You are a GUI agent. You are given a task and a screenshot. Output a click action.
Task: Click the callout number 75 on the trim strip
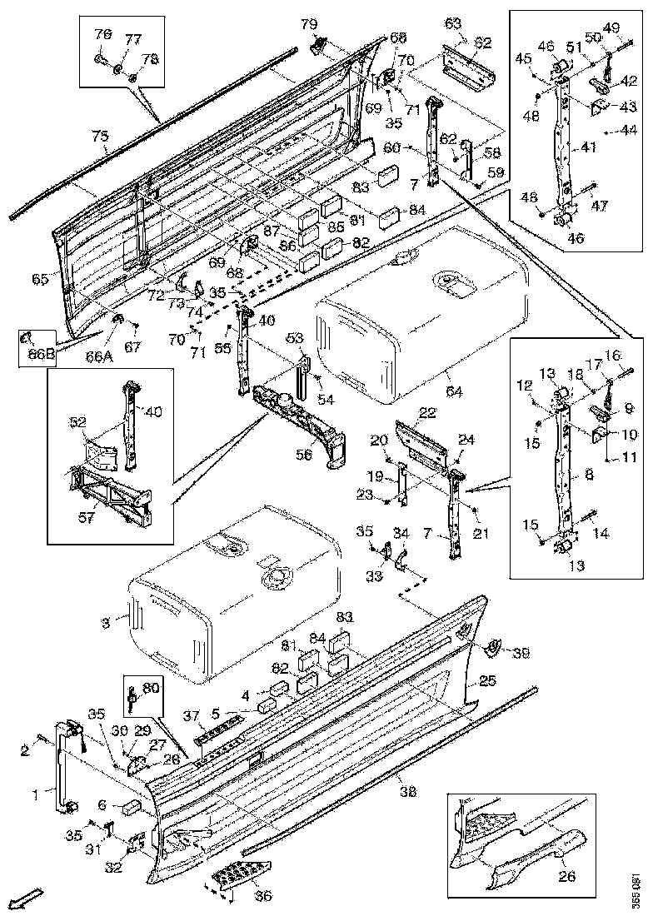99,137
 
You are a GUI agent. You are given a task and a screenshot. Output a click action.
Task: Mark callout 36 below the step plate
263,895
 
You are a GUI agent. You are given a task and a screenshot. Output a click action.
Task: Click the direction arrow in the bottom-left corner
28,898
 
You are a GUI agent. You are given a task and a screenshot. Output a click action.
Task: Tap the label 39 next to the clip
521,654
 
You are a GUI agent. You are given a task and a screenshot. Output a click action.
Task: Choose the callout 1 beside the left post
35,794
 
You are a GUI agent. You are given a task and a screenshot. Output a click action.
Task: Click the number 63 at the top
452,23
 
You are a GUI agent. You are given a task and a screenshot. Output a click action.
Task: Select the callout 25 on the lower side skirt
488,680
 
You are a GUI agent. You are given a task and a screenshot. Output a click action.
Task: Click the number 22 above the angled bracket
427,413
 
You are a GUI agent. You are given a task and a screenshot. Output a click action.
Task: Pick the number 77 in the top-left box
132,40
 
